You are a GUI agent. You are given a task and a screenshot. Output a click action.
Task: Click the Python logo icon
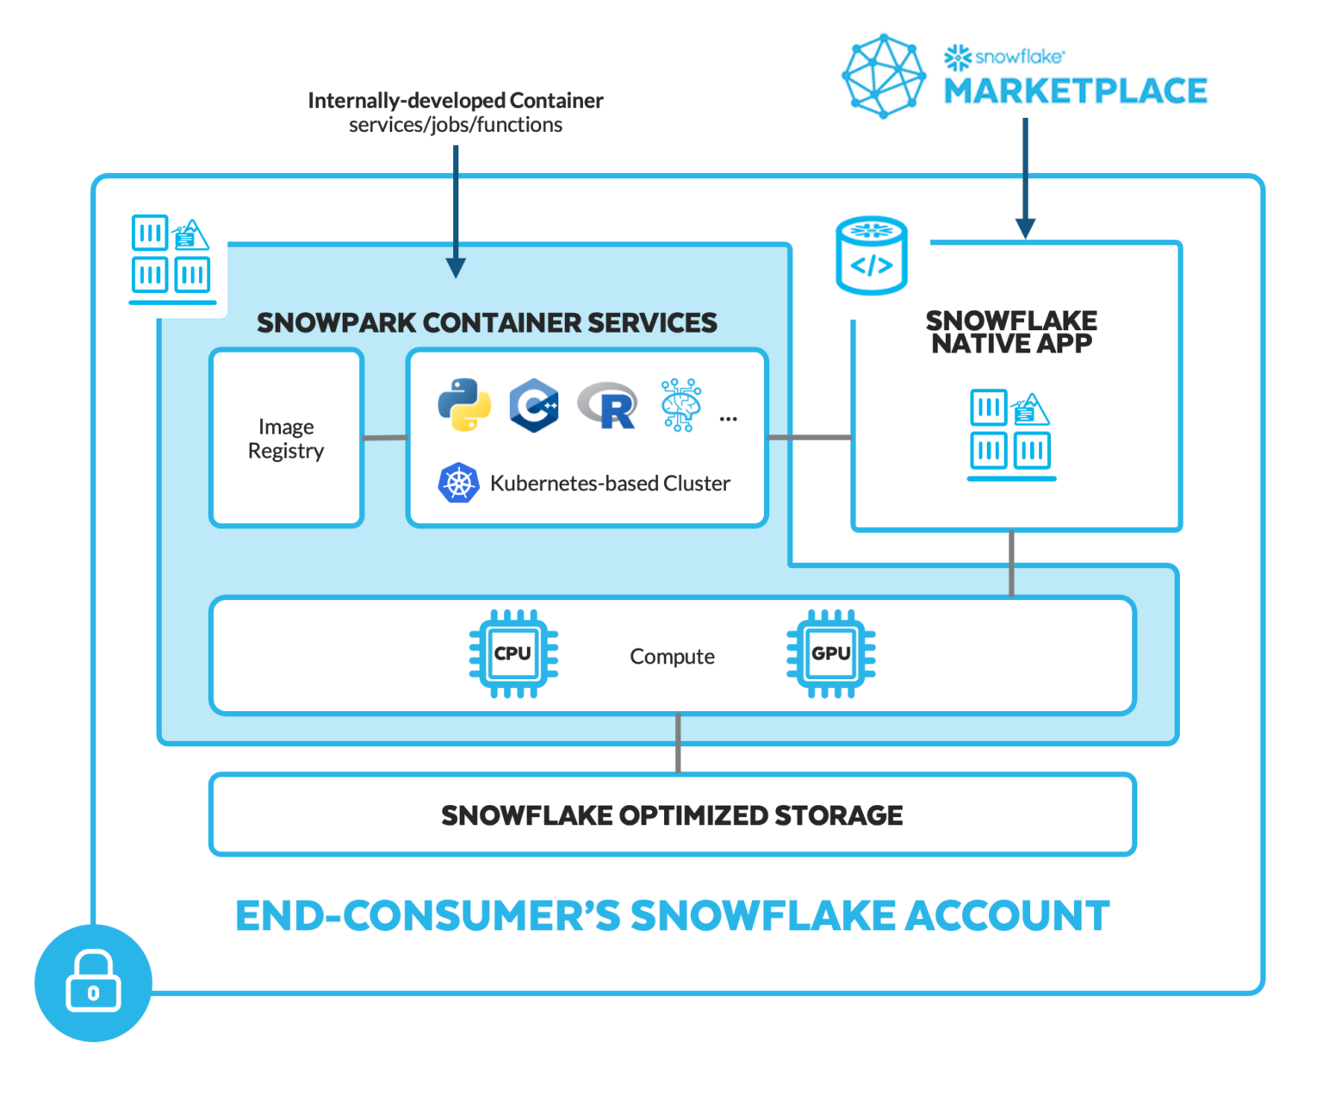click(x=464, y=404)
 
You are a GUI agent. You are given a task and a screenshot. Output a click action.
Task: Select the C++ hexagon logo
click(x=534, y=405)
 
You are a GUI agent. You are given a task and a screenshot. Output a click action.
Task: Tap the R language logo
click(x=608, y=405)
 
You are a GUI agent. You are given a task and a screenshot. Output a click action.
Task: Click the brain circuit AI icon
click(x=680, y=404)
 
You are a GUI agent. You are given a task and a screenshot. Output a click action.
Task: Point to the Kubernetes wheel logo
click(x=458, y=483)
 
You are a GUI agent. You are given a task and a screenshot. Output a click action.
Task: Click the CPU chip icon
click(x=513, y=654)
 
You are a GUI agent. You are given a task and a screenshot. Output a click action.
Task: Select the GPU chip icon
click(x=830, y=654)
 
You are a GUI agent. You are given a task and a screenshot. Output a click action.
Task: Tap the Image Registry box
click(x=286, y=438)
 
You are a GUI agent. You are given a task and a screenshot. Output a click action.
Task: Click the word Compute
click(x=672, y=657)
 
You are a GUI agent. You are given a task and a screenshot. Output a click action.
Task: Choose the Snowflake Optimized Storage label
click(x=672, y=815)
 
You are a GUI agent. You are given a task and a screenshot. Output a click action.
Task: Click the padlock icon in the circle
click(x=93, y=983)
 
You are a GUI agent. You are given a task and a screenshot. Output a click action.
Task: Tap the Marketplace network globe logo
click(x=883, y=76)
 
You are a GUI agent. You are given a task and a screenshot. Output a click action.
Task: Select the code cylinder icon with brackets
click(x=872, y=255)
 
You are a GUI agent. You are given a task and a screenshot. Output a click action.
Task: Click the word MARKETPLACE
click(x=1075, y=90)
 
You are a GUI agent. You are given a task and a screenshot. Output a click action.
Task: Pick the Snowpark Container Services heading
click(x=487, y=322)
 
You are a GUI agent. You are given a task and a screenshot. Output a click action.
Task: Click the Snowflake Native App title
click(x=1011, y=332)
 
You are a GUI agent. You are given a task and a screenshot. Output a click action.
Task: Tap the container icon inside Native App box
click(x=1011, y=434)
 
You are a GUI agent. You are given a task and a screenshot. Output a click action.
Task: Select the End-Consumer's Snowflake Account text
click(x=672, y=915)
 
